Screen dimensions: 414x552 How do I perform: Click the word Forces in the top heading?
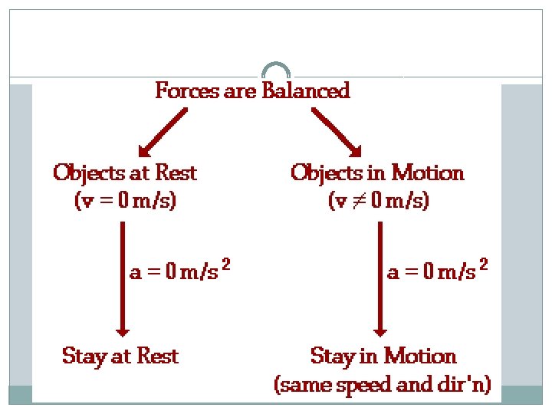click(x=179, y=91)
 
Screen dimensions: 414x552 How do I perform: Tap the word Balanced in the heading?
click(x=306, y=91)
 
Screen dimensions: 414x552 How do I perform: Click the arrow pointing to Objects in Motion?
click(x=337, y=132)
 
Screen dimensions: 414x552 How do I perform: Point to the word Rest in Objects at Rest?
click(x=176, y=173)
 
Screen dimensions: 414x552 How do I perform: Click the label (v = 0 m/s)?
click(x=125, y=202)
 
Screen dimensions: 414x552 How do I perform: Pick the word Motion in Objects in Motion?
click(x=427, y=173)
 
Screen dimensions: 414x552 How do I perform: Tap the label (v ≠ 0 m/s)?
click(x=378, y=202)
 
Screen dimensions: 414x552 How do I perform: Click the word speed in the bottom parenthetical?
click(x=376, y=383)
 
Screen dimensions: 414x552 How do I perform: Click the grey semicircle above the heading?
click(x=276, y=70)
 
